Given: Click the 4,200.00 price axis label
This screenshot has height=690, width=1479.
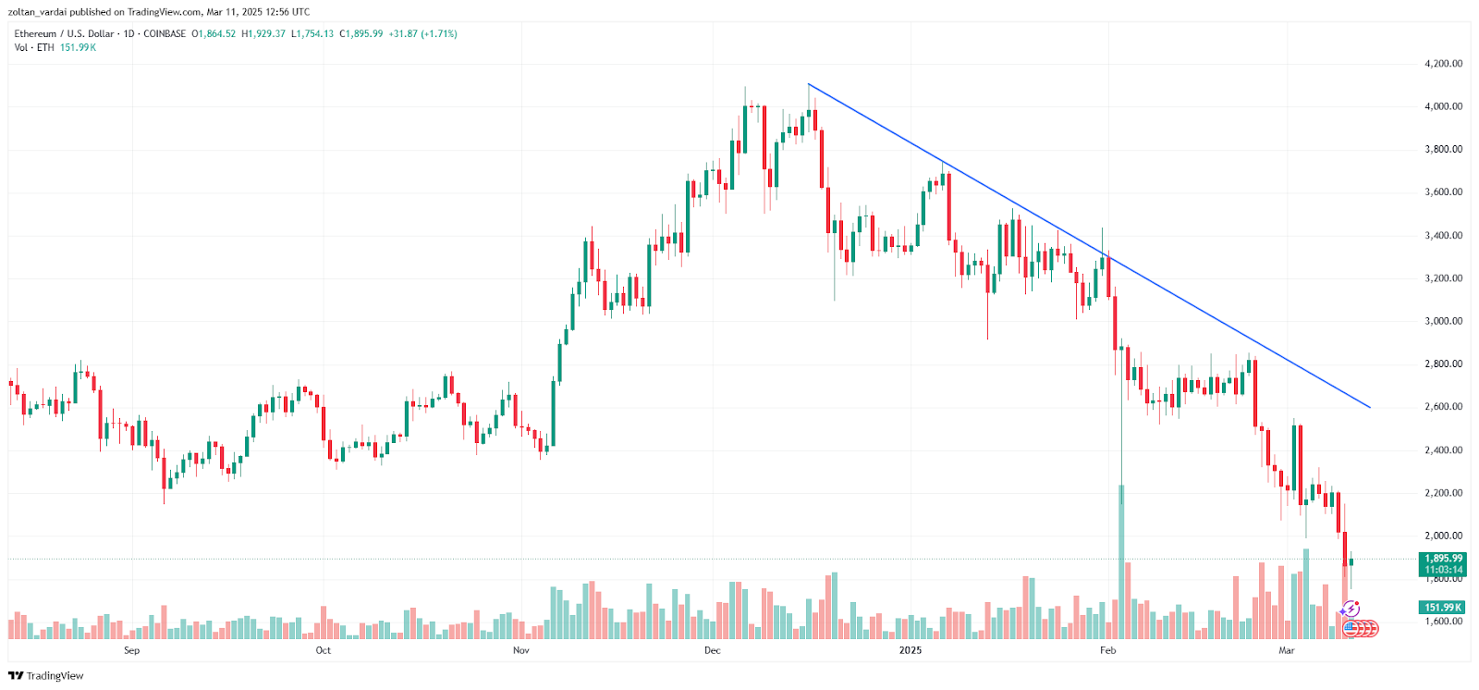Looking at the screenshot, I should (1443, 64).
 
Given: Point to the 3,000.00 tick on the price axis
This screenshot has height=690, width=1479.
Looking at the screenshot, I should (1443, 321).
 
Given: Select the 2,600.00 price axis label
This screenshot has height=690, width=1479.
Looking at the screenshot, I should (1443, 407).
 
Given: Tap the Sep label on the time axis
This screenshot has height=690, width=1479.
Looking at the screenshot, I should (131, 650).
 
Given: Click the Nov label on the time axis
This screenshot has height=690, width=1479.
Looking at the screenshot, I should (520, 650).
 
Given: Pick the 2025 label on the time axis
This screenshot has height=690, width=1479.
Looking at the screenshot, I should (911, 650).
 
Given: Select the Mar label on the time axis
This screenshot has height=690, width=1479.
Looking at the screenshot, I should (1286, 650).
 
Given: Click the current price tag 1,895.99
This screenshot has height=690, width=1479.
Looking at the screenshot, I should (1443, 559).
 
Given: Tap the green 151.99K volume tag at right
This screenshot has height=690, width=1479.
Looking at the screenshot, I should (1442, 608).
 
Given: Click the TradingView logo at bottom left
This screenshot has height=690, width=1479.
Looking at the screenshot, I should (45, 676).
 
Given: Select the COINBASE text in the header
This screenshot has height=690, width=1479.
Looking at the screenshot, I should (165, 34).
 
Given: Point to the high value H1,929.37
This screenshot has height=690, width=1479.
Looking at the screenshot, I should (263, 34).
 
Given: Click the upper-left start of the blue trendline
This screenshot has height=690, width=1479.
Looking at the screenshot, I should (809, 85).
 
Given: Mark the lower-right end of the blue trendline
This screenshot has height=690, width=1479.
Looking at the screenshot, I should (1369, 407).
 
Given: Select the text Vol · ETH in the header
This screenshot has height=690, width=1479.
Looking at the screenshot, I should (34, 47).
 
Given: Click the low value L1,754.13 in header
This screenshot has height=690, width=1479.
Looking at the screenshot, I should (312, 34).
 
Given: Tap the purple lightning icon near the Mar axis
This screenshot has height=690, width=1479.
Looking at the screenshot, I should (1351, 609).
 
